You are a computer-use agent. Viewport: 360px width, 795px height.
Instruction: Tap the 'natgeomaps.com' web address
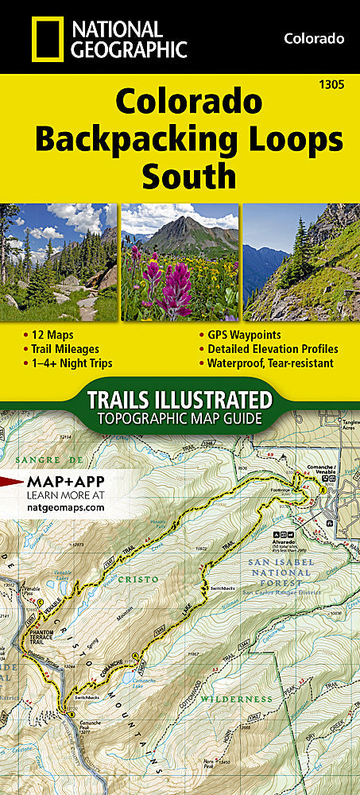coord(66,505)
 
